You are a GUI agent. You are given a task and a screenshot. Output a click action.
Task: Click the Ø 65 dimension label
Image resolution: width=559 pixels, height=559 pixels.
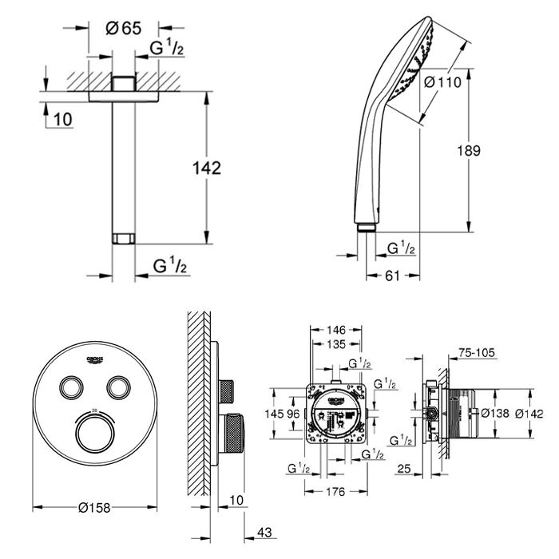tap(124, 27)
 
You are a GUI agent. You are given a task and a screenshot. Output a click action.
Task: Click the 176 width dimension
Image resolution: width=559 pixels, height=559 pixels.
tap(335, 491)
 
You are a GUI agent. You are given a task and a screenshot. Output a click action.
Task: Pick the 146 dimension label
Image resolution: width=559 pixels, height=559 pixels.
tap(335, 329)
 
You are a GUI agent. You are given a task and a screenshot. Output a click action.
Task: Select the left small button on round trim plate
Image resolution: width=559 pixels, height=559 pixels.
tap(71, 387)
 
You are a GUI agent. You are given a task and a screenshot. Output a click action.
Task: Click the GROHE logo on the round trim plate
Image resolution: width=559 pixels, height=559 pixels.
tap(93, 357)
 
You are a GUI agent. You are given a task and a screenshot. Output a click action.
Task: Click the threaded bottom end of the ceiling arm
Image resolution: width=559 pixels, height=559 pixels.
tap(123, 239)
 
